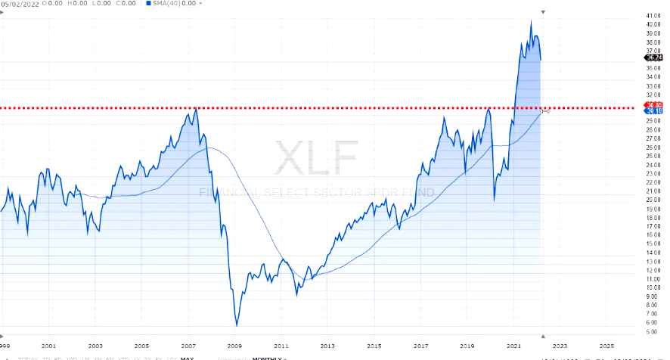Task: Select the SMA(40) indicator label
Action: coord(167,3)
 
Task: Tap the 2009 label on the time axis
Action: coord(234,346)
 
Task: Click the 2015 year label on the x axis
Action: coord(374,346)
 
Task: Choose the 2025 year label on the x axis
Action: coord(606,346)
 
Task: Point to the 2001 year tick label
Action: coord(49,346)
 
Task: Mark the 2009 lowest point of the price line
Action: coord(236,325)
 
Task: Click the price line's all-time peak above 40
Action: coord(531,21)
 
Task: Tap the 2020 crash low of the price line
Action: coord(494,200)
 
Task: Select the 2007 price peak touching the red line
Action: coord(196,109)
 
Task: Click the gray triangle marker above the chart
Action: coord(542,12)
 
